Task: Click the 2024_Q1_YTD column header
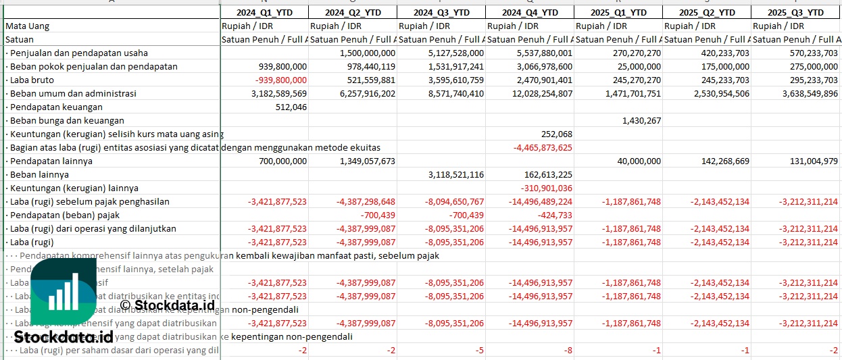pos(264,12)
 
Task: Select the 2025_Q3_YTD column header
pos(797,12)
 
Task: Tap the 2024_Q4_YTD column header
pos(530,12)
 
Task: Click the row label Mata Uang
pos(27,26)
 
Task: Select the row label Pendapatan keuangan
pos(56,107)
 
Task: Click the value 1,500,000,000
pos(368,53)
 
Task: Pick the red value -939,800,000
pos(278,80)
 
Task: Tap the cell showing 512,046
pos(291,107)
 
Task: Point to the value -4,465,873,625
pos(543,147)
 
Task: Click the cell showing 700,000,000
pos(278,161)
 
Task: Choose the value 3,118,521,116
pos(455,174)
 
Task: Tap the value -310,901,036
pos(547,188)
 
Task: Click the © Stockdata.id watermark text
pos(167,305)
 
